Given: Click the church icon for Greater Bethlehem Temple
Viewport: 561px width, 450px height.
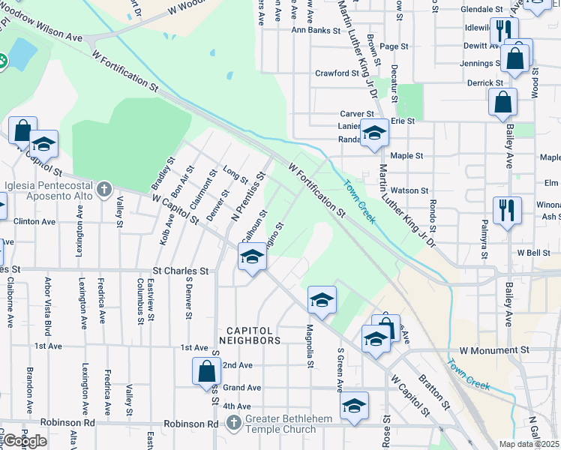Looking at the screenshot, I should (234, 424).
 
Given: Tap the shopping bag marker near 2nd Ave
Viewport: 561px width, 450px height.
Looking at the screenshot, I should (206, 370).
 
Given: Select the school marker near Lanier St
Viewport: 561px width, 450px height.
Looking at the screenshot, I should (374, 133).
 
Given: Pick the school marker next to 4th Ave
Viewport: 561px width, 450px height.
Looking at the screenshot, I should (354, 406).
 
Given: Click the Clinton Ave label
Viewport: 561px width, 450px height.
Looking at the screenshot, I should (34, 222).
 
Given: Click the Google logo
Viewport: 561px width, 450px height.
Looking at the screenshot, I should (25, 439).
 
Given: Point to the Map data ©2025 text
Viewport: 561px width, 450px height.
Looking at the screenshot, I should (529, 444).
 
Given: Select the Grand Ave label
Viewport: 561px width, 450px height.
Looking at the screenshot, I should (241, 388).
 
